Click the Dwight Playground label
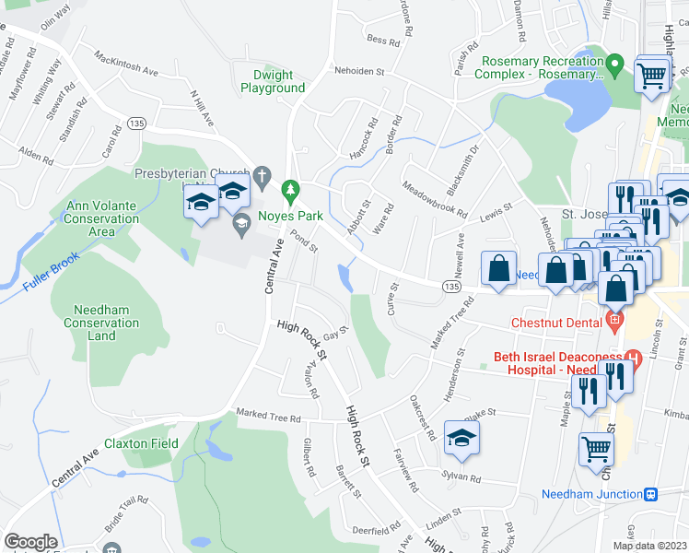pos(273,81)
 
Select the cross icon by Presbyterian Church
pos(262,173)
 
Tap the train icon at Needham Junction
pos(650,494)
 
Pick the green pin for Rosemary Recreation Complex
pos(616,65)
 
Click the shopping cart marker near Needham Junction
pos(596,449)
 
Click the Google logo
pos(30,542)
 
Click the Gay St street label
pos(335,329)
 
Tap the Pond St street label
pos(305,242)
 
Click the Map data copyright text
pos(650,546)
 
